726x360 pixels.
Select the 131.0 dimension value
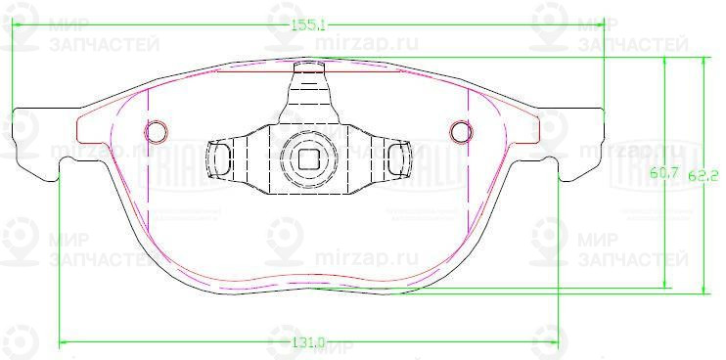pyautogui.click(x=307, y=342)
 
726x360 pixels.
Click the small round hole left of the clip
pyautogui.click(x=156, y=131)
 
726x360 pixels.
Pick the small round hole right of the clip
pyautogui.click(x=460, y=131)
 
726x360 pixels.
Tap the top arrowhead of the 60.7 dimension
pyautogui.click(x=666, y=60)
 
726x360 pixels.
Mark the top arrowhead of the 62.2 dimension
pyautogui.click(x=703, y=60)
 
